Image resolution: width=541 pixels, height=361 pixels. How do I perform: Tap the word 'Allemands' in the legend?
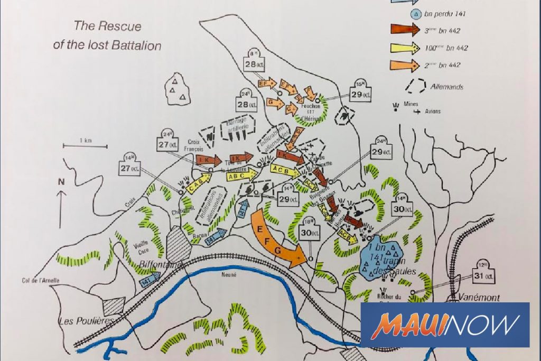click(x=446, y=86)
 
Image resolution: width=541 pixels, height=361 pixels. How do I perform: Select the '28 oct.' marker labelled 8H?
click(x=254, y=64)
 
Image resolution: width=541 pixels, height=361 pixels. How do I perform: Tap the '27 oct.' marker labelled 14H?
click(x=130, y=168)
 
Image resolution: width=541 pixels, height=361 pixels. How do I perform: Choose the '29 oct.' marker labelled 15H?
click(x=360, y=93)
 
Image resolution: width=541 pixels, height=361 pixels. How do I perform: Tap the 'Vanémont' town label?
click(x=479, y=297)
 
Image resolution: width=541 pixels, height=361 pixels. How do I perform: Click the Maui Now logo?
click(x=445, y=325)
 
